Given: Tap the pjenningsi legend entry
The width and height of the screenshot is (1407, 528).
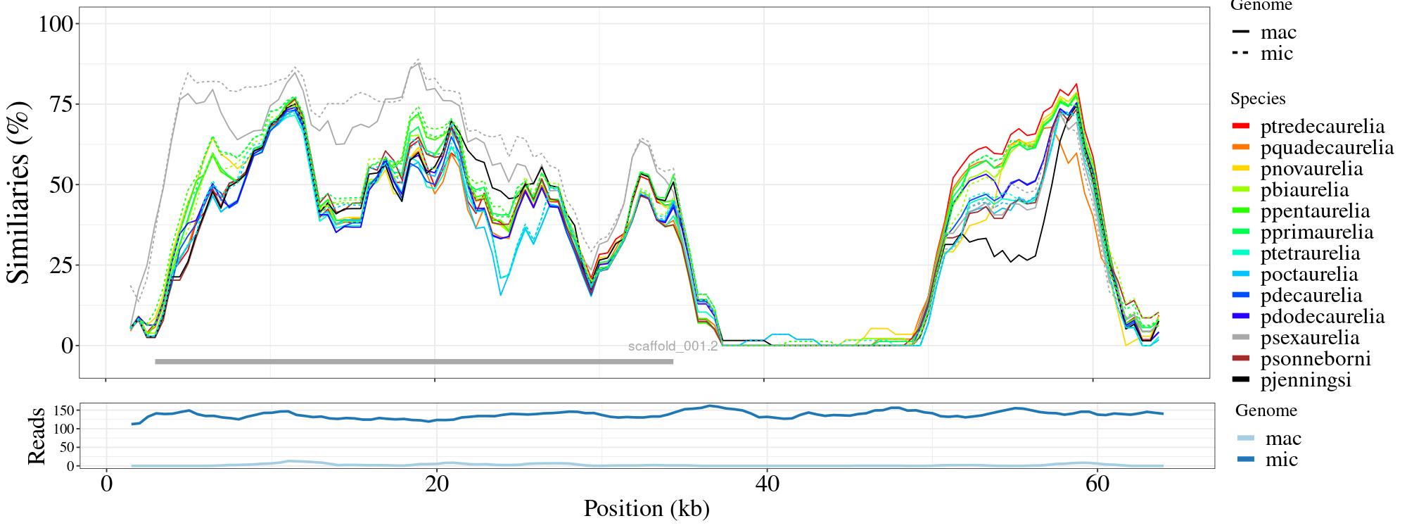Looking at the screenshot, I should (x=1306, y=380).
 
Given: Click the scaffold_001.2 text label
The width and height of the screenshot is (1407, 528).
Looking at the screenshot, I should (x=673, y=346).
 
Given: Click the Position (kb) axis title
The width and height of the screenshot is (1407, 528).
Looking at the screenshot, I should (x=646, y=508).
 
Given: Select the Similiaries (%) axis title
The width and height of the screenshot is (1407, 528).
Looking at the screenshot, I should (x=20, y=192).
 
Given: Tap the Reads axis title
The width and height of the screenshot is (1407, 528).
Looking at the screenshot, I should (x=36, y=436).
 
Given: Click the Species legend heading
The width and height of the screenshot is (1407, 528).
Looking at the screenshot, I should (x=1258, y=99).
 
